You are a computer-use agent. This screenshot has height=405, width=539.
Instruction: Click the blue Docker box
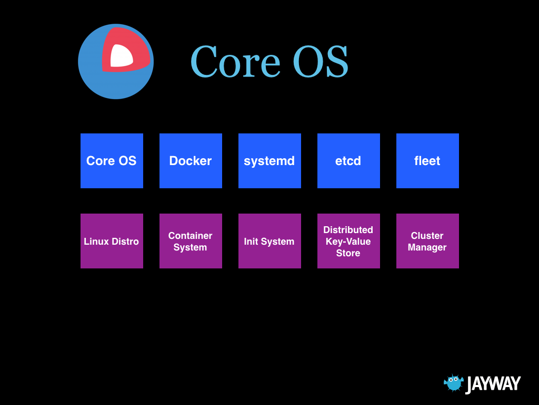[191, 161]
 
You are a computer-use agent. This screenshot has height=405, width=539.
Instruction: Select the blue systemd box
[269, 161]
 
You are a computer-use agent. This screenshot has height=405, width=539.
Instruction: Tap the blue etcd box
[348, 161]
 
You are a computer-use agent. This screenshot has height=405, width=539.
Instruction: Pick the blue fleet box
[427, 161]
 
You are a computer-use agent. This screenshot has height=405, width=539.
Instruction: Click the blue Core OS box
[112, 161]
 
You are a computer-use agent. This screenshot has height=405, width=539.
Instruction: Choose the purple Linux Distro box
[112, 241]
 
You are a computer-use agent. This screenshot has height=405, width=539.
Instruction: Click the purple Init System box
[269, 241]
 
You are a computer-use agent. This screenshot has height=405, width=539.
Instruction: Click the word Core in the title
[235, 62]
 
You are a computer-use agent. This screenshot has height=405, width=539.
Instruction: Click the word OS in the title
[320, 62]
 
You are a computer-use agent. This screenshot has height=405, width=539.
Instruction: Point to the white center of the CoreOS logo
[121, 56]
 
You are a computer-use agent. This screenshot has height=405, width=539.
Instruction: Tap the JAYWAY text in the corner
[493, 384]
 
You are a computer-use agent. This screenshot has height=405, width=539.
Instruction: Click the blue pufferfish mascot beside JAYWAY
[454, 383]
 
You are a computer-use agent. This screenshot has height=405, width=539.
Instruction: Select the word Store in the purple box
[348, 253]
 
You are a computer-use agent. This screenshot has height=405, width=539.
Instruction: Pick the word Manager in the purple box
[427, 247]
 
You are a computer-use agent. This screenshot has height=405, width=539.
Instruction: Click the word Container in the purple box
[190, 236]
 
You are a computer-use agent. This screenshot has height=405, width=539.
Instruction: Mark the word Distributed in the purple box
[348, 230]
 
